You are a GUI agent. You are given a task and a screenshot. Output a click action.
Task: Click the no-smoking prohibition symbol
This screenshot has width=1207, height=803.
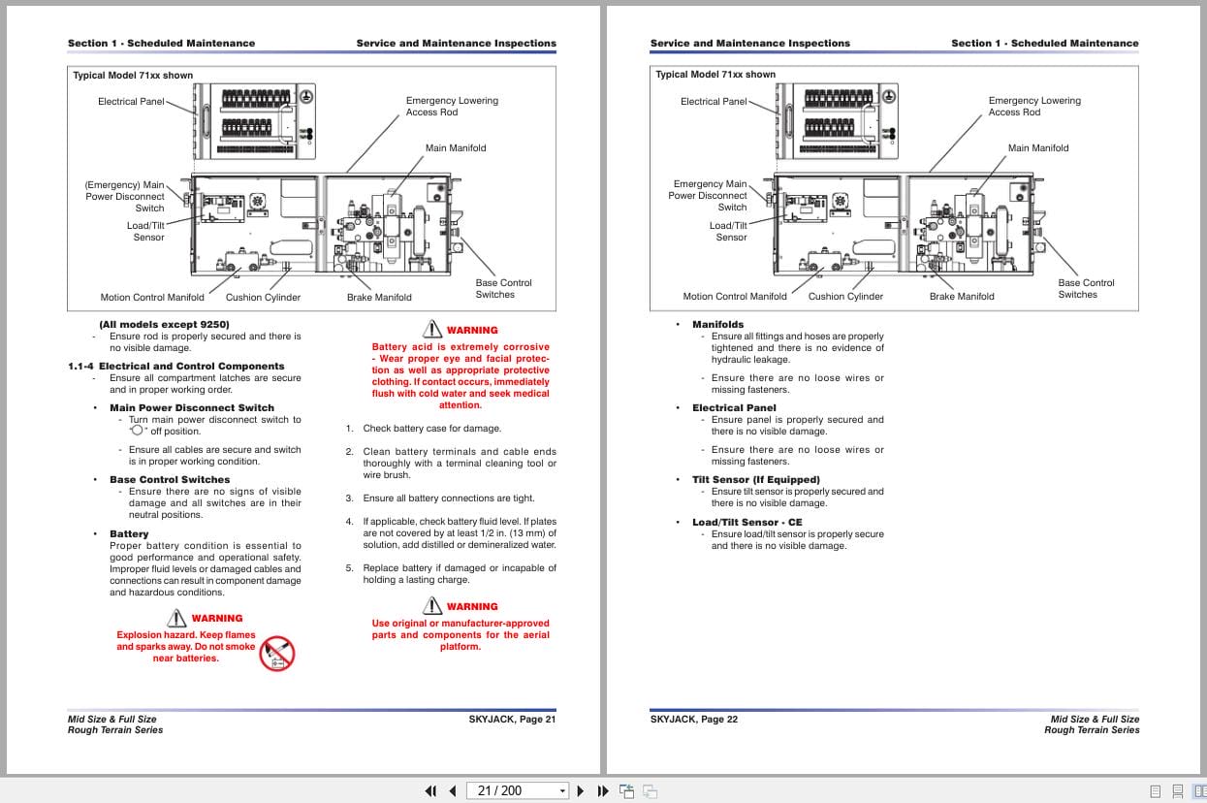[x=277, y=654]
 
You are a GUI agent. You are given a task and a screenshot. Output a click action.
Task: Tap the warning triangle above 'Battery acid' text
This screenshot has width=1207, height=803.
[x=432, y=330]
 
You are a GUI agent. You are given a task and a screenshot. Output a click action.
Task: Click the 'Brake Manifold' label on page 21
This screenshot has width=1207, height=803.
[x=379, y=298]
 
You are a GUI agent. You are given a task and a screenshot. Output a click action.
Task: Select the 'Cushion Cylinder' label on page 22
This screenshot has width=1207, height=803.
[x=845, y=297]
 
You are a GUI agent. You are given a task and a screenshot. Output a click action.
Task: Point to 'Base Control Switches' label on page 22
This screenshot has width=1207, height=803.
[x=1085, y=289]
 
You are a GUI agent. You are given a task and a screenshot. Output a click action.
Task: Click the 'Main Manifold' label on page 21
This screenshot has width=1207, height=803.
[x=456, y=148]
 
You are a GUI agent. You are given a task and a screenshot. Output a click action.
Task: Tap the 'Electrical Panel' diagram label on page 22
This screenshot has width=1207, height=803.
[x=714, y=102]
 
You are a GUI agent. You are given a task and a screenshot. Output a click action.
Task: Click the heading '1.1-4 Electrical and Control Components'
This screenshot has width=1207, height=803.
[x=176, y=367]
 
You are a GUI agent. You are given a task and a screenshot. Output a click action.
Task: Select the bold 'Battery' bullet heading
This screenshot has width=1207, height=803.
[x=129, y=534]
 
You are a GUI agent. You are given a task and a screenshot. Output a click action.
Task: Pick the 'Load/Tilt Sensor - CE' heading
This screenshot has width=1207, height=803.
[x=746, y=523]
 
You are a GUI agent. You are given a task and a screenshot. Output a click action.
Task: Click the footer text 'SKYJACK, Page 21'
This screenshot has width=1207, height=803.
[x=512, y=720]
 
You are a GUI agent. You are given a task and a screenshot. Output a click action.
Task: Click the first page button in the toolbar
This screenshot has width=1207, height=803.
[x=430, y=790]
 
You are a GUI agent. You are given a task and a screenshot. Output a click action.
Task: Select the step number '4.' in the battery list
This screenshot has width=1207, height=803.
[x=350, y=522]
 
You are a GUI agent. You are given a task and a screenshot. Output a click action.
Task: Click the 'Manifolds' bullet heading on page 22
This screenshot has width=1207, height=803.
[x=717, y=325]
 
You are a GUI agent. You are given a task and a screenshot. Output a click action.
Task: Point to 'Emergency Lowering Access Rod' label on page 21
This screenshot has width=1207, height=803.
[x=452, y=107]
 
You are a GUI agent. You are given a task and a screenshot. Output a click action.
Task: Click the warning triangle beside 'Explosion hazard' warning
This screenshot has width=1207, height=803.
[x=176, y=618]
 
